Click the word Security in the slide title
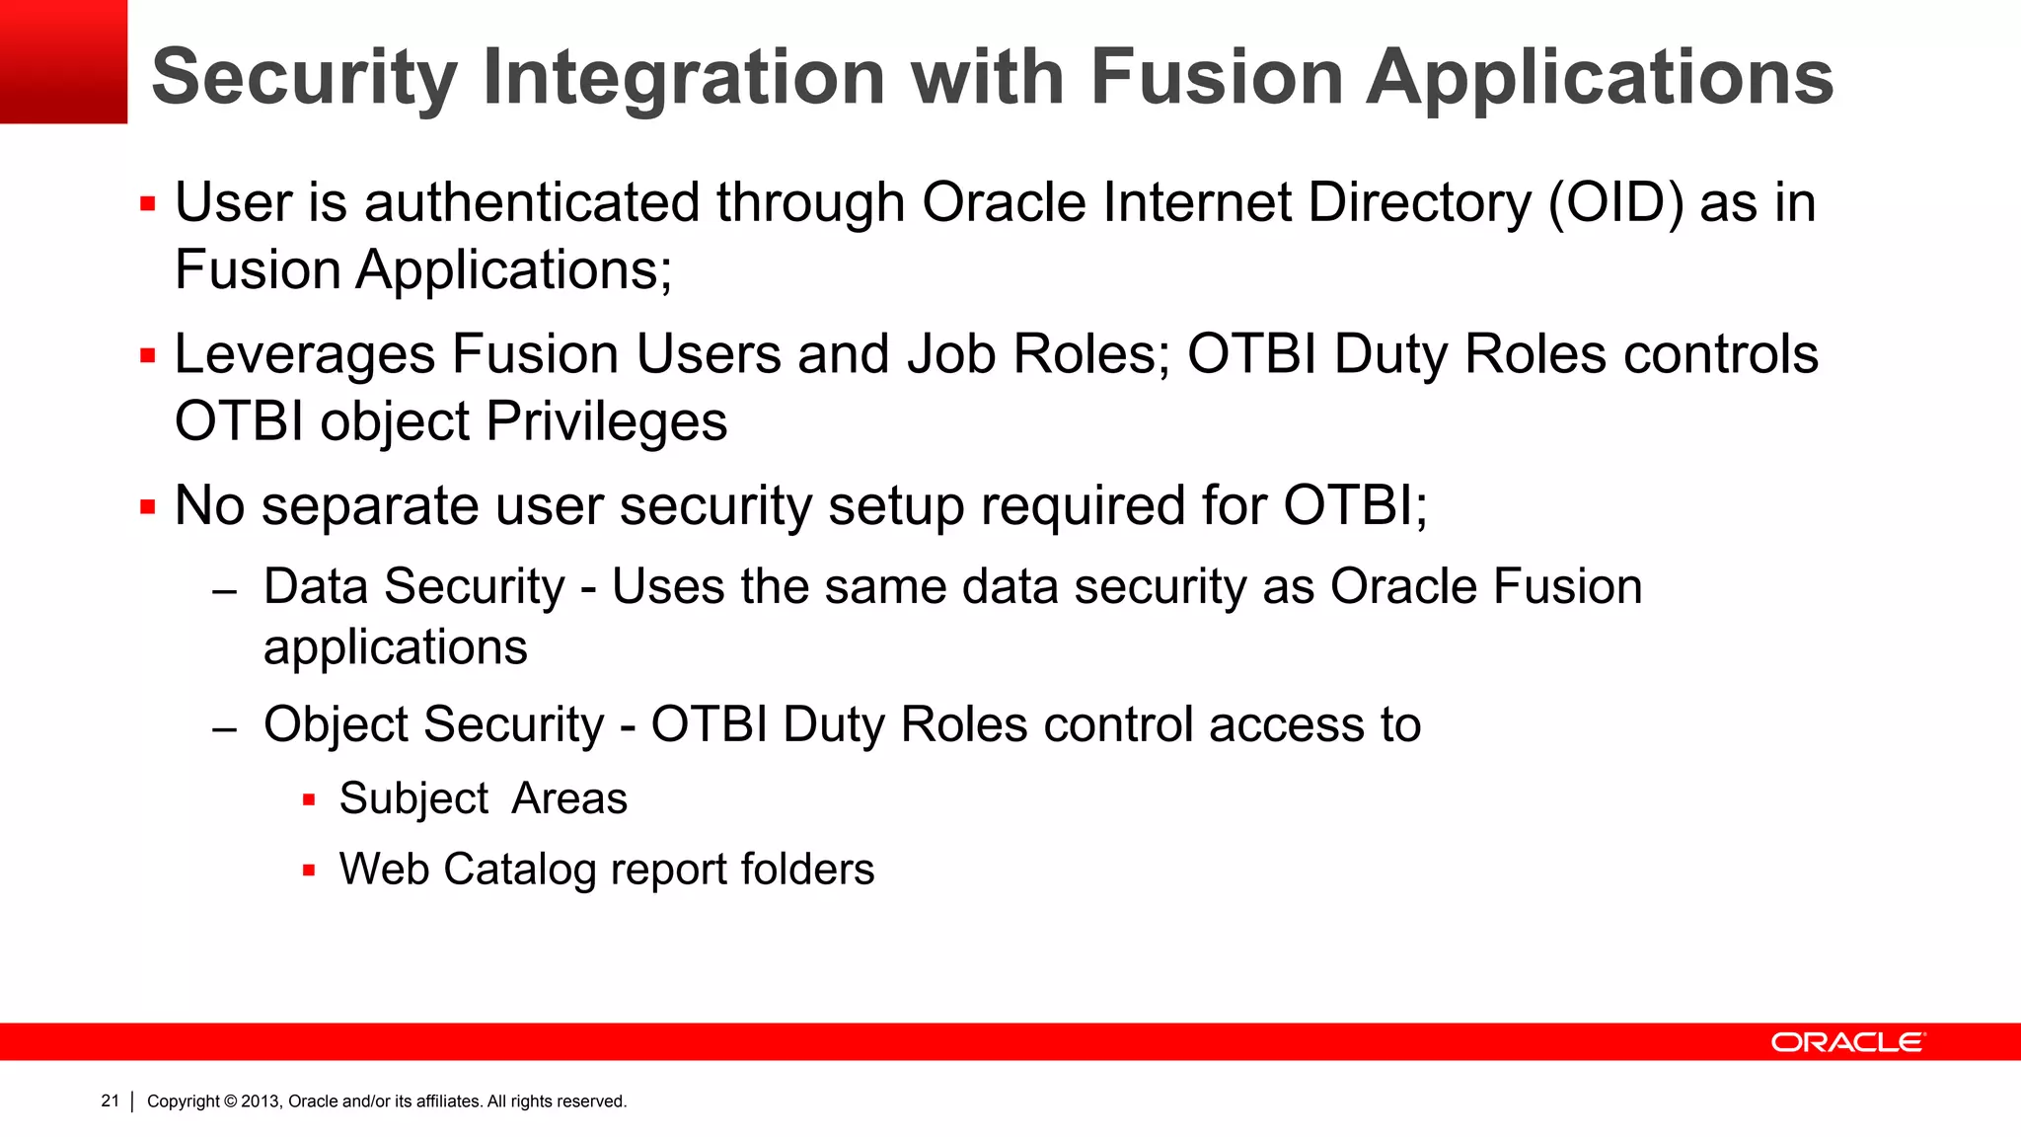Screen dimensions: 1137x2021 [x=304, y=79]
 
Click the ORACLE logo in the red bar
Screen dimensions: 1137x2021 [x=1846, y=1042]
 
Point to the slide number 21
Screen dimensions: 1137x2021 [x=110, y=1100]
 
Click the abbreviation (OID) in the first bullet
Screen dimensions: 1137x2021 [x=1615, y=203]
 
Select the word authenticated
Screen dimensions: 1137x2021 [x=532, y=203]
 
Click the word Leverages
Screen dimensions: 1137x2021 [x=304, y=355]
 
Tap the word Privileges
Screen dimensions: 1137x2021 [x=606, y=422]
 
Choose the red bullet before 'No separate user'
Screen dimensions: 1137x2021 [x=148, y=508]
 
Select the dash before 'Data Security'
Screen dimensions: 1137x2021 [x=225, y=592]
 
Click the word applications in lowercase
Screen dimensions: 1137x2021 [x=395, y=648]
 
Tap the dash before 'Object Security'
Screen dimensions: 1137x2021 [x=225, y=729]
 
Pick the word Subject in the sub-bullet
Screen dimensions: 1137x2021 [x=413, y=799]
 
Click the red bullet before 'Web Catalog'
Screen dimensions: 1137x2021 [x=309, y=871]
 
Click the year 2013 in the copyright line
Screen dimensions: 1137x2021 [x=262, y=1101]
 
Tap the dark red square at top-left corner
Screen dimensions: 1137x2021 [x=63, y=61]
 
